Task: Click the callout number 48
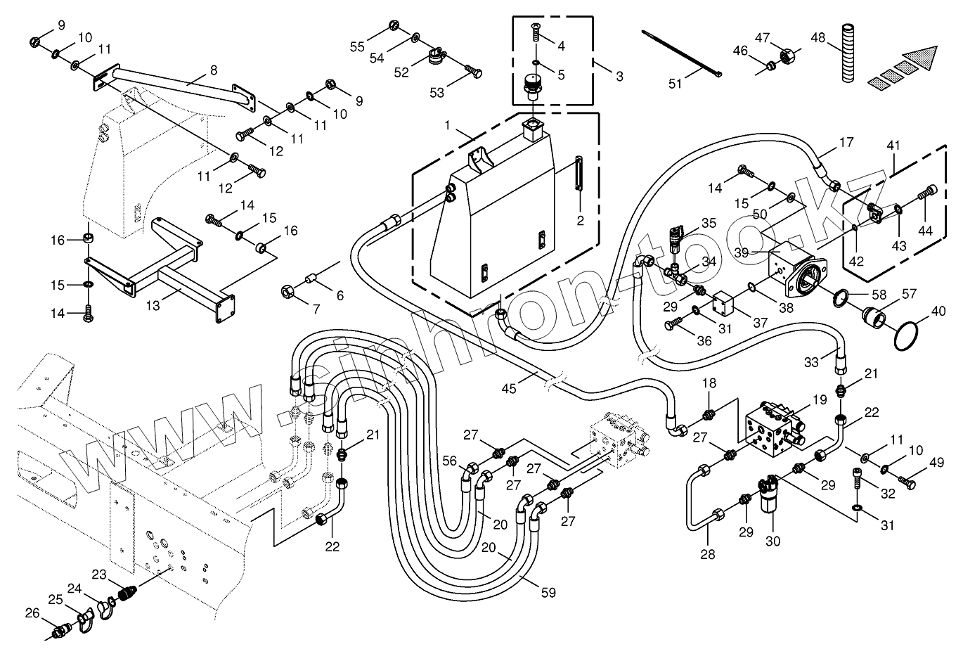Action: [x=818, y=37]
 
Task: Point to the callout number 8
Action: [x=214, y=70]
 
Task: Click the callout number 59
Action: [x=548, y=593]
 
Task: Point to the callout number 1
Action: [x=448, y=125]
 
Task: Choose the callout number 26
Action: [x=32, y=612]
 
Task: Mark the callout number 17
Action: [x=846, y=143]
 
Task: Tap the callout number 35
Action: [x=709, y=223]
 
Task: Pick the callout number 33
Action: [x=812, y=363]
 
